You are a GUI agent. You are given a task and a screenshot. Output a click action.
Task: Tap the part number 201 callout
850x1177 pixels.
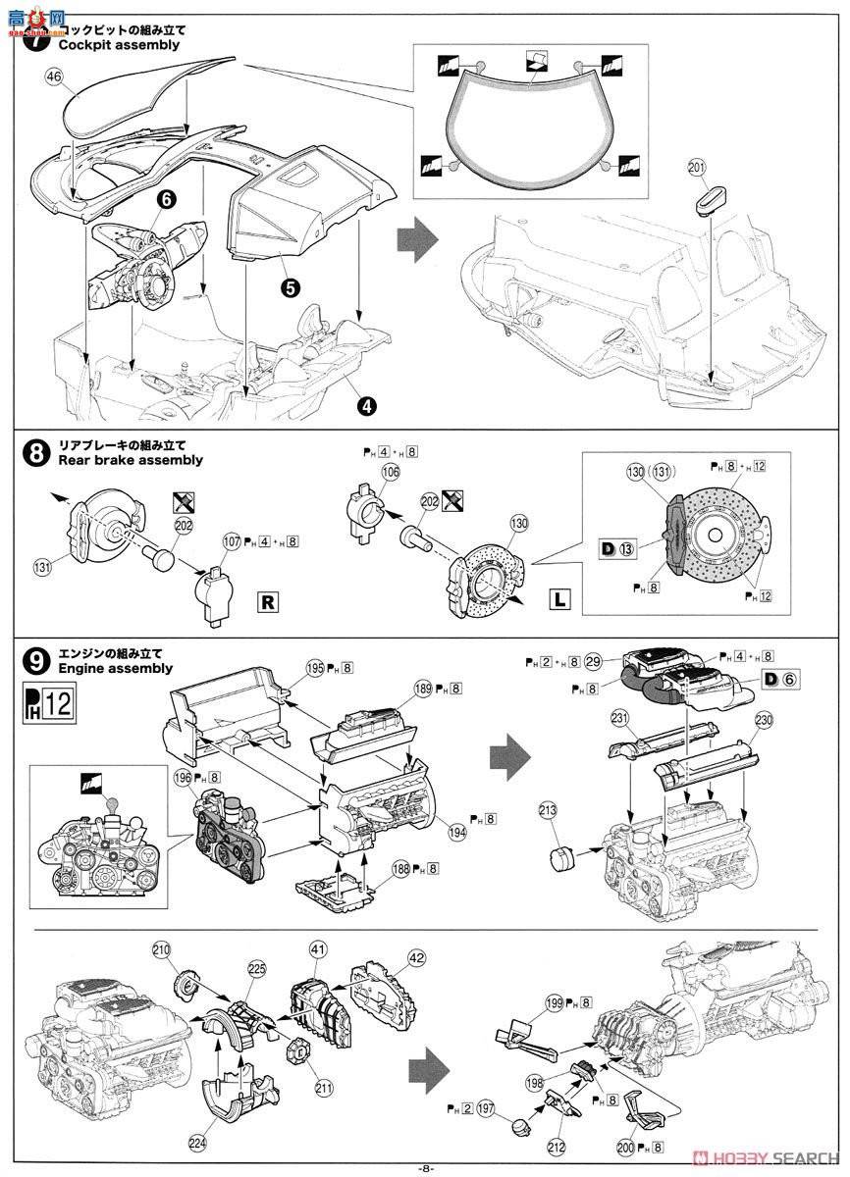click(x=697, y=169)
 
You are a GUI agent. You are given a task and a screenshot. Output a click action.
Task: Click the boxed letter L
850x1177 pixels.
click(x=558, y=596)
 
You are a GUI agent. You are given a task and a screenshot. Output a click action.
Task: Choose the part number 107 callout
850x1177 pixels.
click(x=231, y=538)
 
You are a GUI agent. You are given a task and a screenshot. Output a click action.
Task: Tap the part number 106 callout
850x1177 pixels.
click(x=391, y=472)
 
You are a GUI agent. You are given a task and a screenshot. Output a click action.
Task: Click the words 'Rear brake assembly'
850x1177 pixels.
click(x=131, y=459)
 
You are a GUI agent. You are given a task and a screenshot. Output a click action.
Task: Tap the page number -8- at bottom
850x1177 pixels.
click(x=425, y=1167)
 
